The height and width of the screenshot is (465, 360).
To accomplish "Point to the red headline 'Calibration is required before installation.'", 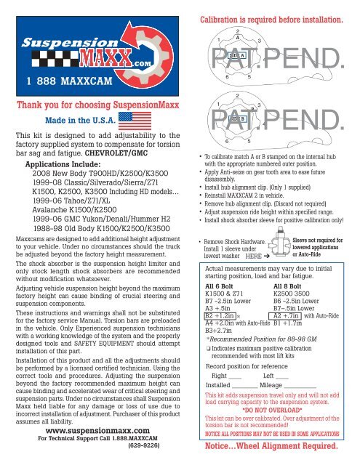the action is pyautogui.click(x=270, y=9).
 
